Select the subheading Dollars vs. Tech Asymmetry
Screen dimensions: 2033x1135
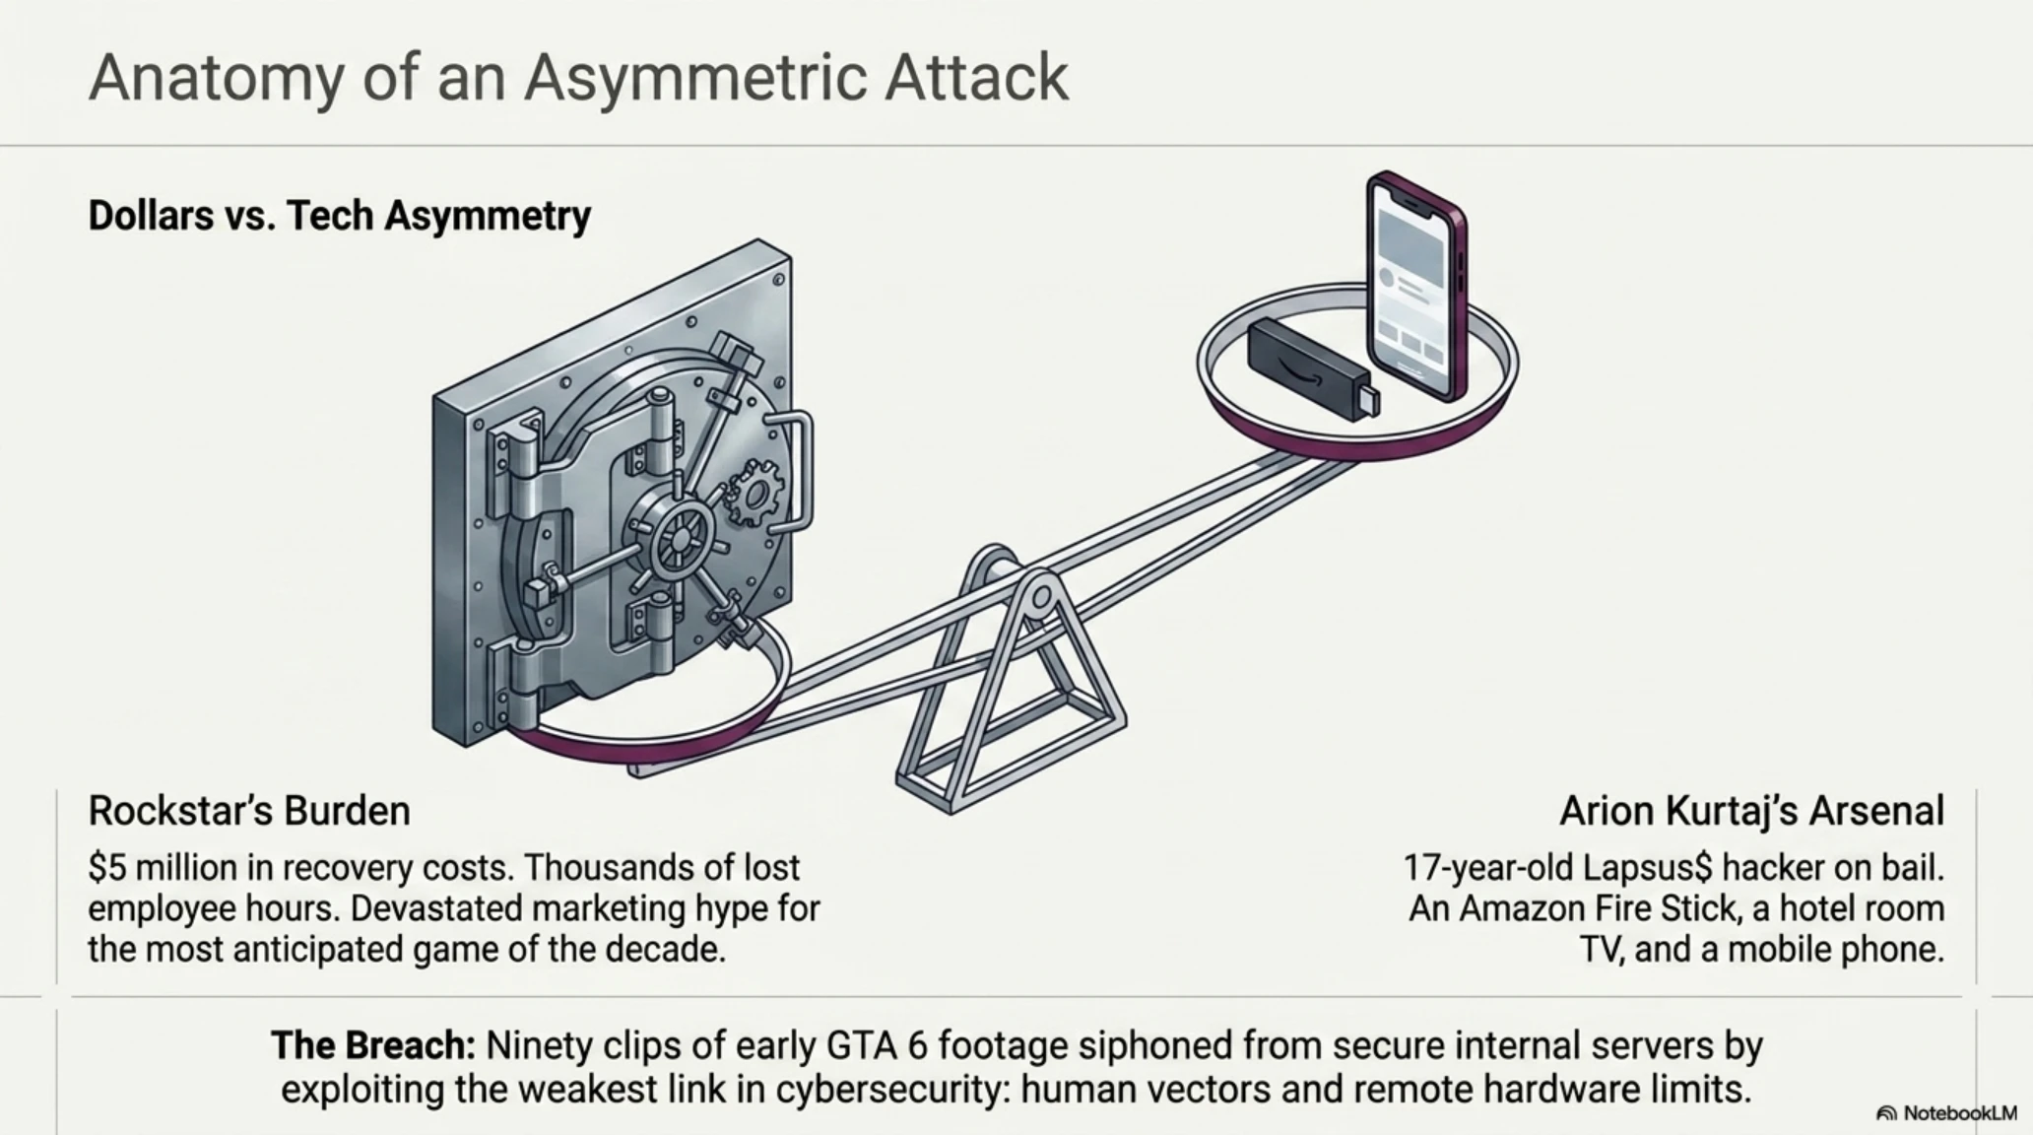coord(340,215)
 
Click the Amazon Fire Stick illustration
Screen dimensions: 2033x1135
coord(1313,368)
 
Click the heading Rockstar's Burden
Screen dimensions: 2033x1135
coord(249,811)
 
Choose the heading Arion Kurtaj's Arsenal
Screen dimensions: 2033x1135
coord(1752,811)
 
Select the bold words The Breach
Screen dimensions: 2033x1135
coord(373,1045)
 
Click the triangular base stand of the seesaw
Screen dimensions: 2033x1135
coord(1010,690)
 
